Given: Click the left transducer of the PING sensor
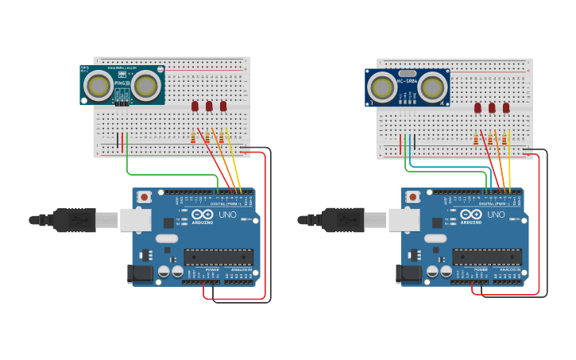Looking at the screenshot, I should pos(99,84).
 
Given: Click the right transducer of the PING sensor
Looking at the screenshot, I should pos(146,84).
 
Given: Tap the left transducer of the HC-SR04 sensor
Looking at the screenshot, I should pos(382,87).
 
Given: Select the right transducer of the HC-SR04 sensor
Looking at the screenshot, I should pos(432,87).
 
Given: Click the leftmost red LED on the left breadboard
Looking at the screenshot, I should pos(195,106).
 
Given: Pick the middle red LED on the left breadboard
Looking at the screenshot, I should pos(209,106).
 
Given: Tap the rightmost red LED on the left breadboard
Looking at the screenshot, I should pos(223,106).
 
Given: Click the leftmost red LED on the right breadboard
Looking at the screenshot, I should pos(477,107).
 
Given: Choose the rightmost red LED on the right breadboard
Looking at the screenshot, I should pos(506,107).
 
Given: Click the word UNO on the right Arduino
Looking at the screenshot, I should pos(495,215).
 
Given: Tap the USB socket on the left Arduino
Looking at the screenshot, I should pos(134,219).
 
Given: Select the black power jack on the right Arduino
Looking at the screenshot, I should pos(408,274).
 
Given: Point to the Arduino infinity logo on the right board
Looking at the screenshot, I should pos(470,215).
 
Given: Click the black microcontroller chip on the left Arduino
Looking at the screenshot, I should pos(218,257).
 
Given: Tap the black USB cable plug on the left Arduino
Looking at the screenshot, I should pos(75,220).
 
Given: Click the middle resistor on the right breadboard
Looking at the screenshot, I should pos(490,139).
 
